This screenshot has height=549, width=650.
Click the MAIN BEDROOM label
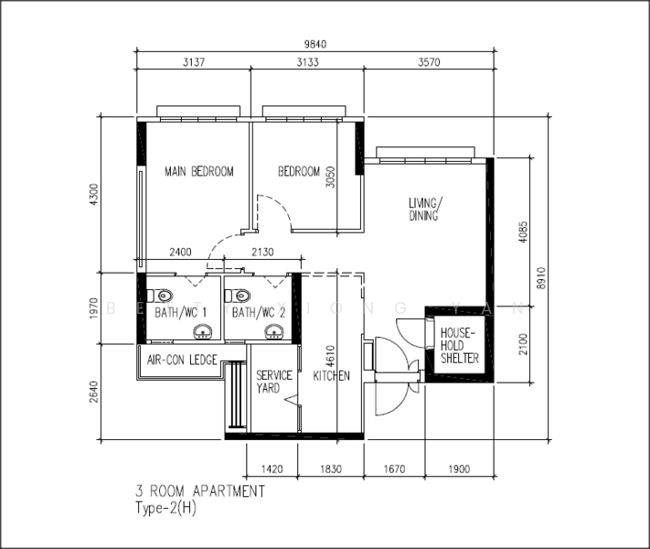(198, 171)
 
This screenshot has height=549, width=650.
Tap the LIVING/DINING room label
(426, 210)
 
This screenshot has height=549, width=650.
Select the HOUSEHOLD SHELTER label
(459, 346)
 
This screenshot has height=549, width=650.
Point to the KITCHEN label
(332, 376)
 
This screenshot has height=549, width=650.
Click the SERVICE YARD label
(273, 382)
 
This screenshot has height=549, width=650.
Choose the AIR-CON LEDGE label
(182, 361)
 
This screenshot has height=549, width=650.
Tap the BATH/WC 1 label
(181, 313)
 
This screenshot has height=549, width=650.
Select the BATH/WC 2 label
(259, 313)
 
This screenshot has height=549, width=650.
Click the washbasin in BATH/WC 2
(272, 331)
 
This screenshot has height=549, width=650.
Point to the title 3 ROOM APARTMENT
(200, 491)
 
